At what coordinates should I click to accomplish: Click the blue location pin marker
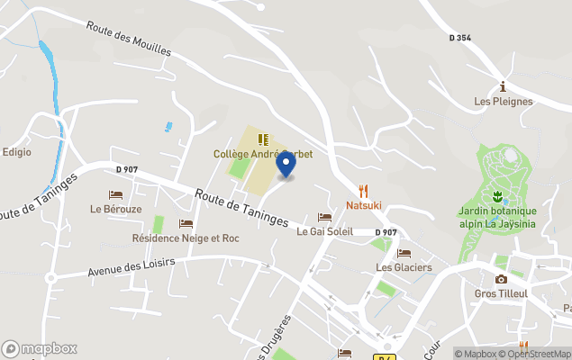[x=286, y=165]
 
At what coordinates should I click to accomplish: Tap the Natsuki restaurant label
[x=364, y=205]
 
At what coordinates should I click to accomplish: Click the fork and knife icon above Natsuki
[x=364, y=191]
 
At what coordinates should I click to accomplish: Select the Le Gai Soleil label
[x=325, y=231]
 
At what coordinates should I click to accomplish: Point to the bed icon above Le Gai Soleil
[x=325, y=218]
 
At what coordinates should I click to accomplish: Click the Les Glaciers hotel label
[x=404, y=267]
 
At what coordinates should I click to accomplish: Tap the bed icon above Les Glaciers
[x=404, y=253]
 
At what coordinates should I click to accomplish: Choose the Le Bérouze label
[x=115, y=209]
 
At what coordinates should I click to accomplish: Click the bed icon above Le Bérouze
[x=115, y=194]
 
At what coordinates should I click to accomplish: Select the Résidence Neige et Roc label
[x=186, y=238]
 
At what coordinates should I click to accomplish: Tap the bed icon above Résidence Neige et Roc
[x=186, y=224]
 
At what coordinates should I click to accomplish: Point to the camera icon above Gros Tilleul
[x=501, y=279]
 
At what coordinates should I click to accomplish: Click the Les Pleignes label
[x=504, y=102]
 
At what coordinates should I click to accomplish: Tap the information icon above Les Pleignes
[x=504, y=86]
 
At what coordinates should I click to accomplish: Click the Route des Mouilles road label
[x=129, y=38]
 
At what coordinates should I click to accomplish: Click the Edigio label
[x=16, y=152]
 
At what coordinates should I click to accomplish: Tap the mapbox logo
[x=40, y=348]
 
